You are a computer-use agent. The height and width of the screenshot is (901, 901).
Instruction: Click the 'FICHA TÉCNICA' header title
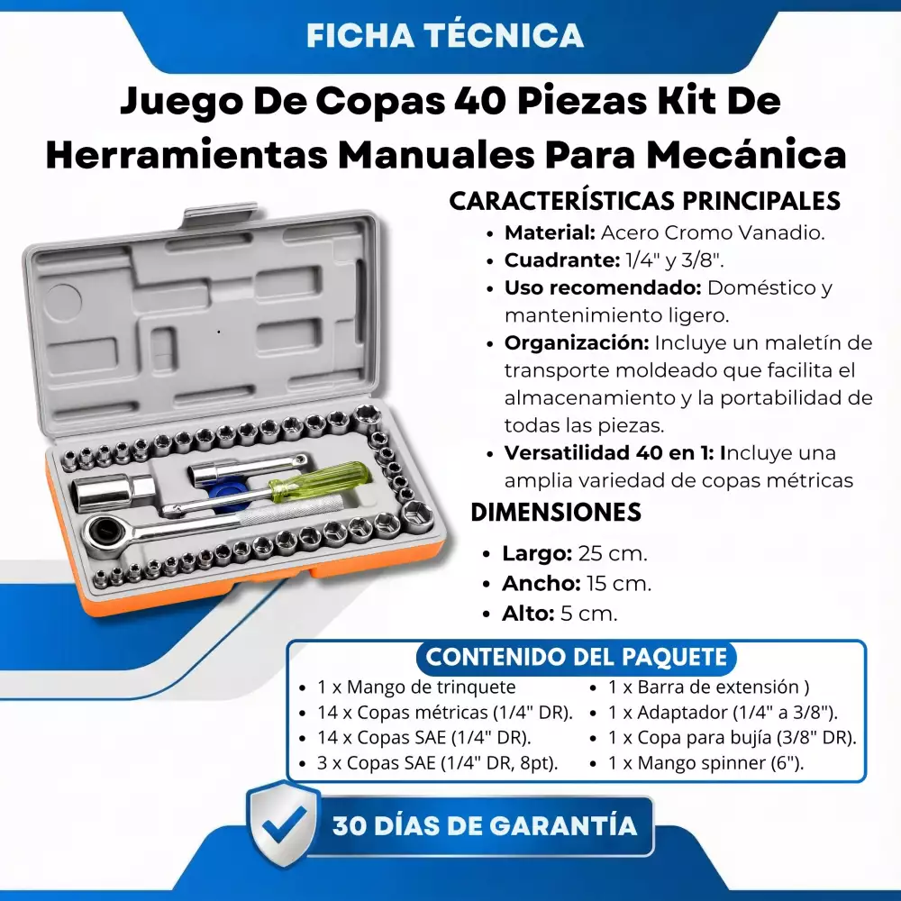[x=445, y=35]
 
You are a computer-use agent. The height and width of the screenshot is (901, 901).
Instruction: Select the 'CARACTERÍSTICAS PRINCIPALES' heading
[x=645, y=201]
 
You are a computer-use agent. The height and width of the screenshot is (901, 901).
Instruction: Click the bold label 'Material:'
[x=550, y=232]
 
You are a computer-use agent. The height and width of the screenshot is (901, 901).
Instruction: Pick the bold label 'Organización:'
[x=577, y=343]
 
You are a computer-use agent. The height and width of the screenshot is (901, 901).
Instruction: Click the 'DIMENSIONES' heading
[x=556, y=512]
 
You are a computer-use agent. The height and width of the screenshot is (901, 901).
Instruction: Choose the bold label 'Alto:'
[x=528, y=614]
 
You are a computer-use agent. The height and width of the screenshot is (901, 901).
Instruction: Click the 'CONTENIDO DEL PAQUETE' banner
[x=577, y=658]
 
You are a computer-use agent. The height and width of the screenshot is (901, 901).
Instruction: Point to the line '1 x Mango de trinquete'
[x=416, y=687]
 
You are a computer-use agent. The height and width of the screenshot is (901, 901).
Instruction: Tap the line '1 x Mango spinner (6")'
[x=706, y=763]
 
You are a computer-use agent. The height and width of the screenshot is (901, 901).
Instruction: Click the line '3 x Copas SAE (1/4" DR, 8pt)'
[x=437, y=763]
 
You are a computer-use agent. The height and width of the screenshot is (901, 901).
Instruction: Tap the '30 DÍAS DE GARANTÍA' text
[x=485, y=826]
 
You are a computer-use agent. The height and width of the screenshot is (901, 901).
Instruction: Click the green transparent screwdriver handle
[x=320, y=480]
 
